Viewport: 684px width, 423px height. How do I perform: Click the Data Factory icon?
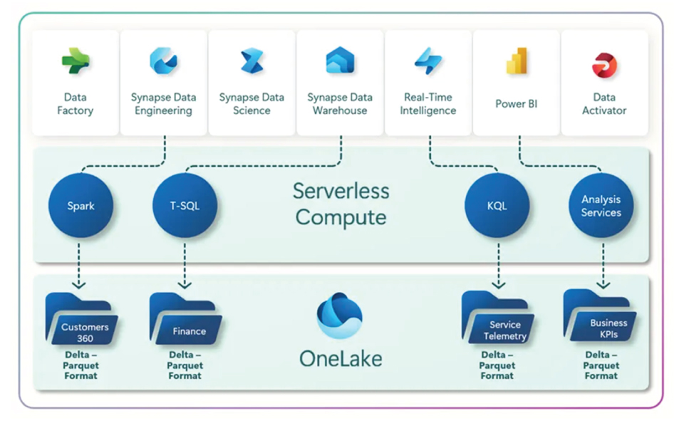coord(75,61)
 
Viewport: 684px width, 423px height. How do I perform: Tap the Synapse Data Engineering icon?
coord(163,61)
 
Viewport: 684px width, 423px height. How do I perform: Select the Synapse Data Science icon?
coord(252,61)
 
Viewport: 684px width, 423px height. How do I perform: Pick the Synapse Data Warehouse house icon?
coord(340,61)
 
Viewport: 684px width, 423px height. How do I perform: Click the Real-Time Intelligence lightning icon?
coord(428,61)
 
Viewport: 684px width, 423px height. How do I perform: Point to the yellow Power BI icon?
coord(517,63)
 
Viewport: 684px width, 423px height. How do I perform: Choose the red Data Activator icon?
coord(604,65)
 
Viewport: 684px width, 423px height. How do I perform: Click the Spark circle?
coord(81,207)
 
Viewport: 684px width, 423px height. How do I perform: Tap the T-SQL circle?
coord(185,207)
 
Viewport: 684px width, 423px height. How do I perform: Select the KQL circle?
coord(497,207)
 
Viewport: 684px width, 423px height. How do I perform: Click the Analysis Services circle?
coord(601,207)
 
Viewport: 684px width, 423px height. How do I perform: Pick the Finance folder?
coord(185,320)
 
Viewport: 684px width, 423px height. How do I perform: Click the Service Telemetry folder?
coord(497,320)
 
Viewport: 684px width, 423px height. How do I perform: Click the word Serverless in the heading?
coord(341,191)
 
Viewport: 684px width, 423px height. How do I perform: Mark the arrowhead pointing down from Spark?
coord(80,285)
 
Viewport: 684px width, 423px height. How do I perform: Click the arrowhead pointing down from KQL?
coord(497,285)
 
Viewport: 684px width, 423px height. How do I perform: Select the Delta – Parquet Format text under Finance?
coord(185,365)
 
